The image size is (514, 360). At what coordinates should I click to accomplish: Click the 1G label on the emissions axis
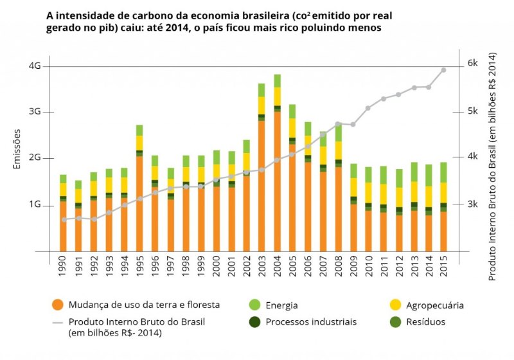point(35,205)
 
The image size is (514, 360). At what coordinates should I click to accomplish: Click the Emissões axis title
point(17,149)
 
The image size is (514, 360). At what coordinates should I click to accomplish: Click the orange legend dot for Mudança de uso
point(58,305)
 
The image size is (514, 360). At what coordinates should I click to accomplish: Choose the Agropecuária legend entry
point(434,305)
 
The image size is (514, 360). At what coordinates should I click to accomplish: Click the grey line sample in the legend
point(58,321)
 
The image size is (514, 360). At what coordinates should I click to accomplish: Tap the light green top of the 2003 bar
point(261,90)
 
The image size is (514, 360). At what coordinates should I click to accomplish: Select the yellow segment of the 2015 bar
point(444,192)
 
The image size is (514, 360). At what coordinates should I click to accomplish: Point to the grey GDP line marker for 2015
point(444,69)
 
